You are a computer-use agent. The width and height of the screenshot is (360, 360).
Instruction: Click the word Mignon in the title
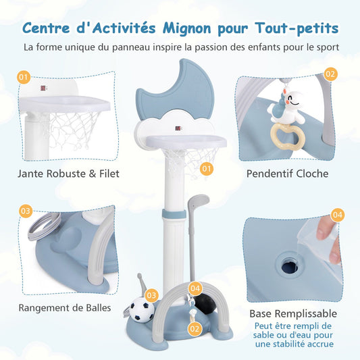[186, 28]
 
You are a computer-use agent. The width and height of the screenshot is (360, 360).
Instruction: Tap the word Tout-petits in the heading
[297, 28]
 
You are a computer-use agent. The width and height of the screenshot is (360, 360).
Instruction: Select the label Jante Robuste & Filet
[68, 174]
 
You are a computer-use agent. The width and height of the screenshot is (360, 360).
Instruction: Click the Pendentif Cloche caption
[287, 174]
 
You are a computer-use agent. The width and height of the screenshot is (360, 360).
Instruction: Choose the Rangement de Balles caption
[65, 307]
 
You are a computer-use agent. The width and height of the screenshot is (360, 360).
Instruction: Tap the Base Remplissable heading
[293, 313]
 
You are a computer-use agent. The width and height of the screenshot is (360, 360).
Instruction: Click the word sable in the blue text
[264, 335]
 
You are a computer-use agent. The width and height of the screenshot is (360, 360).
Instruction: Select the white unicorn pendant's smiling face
[293, 99]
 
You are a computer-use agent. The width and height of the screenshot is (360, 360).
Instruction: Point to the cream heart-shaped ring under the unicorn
[288, 136]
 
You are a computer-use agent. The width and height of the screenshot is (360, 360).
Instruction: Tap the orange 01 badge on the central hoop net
[207, 169]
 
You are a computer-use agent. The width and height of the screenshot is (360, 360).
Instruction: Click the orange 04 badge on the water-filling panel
[337, 215]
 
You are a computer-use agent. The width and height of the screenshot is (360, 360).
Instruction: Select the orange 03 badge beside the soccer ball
[151, 295]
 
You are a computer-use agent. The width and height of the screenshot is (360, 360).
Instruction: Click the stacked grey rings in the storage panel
[45, 226]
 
